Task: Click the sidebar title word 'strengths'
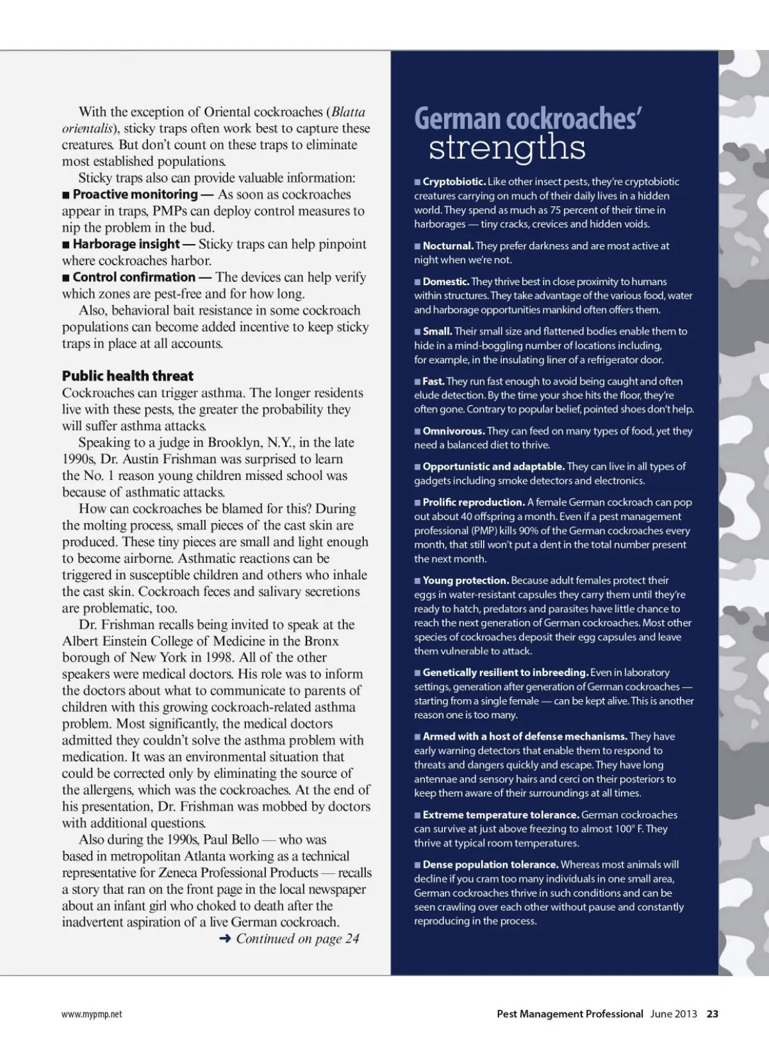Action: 507,148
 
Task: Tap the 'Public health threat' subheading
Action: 128,376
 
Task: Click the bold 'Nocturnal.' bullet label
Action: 448,246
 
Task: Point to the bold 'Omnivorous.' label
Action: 453,431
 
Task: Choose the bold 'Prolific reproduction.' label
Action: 474,502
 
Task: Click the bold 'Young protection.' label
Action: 465,581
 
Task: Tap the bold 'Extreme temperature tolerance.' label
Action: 500,815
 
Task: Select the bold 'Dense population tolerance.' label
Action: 490,865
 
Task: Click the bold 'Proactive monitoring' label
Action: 135,194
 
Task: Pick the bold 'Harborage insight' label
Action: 126,244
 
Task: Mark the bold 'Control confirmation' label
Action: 134,277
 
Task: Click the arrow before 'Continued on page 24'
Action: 225,939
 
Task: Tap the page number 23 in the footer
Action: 713,1014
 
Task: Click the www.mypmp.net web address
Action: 92,1014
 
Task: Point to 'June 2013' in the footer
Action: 674,1014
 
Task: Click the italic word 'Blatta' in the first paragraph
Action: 349,112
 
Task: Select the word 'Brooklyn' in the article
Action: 233,443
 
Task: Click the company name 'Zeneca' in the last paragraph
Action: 175,873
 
